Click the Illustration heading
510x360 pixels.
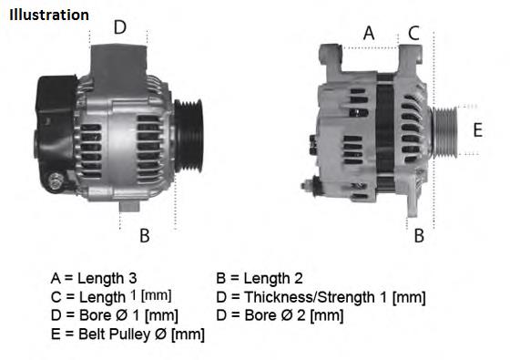click(49, 15)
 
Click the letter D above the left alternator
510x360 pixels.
click(119, 27)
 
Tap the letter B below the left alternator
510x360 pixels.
click(144, 236)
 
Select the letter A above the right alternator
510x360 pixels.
click(369, 33)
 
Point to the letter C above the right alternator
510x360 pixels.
click(413, 33)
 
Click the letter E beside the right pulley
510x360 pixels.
click(477, 129)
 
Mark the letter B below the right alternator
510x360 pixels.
click(420, 236)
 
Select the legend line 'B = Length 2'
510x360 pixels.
click(260, 278)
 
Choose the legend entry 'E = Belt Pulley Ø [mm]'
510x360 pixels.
click(127, 334)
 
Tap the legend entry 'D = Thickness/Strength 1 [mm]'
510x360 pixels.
click(321, 297)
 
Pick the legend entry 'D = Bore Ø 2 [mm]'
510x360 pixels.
click(280, 315)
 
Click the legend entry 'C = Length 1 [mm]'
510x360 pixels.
click(111, 297)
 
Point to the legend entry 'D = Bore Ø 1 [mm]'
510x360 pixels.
click(115, 315)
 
